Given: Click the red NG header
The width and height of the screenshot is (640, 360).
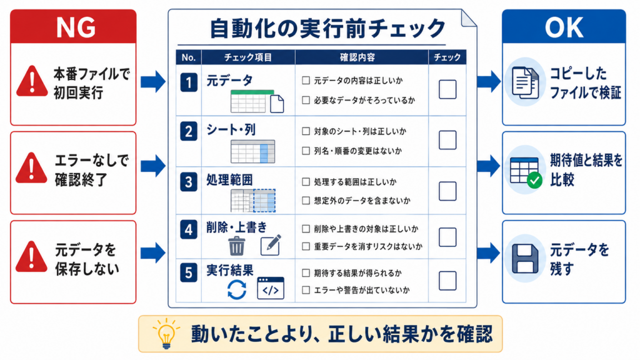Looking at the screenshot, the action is pos(74,26).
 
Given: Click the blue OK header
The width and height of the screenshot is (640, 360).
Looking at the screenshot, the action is pos(564,26).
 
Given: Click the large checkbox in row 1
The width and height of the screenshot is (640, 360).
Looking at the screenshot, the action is pos(447,89).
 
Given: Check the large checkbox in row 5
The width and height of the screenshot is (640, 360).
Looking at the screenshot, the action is pos(447,281).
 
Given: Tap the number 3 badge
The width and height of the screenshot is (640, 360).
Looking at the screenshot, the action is pos(189,182).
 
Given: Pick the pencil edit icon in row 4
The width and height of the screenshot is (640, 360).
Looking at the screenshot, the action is pos(271,245).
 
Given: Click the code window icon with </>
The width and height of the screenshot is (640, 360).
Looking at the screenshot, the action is pos(271,288).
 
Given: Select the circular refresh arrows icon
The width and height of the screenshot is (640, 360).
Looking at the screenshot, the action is pos(237,289).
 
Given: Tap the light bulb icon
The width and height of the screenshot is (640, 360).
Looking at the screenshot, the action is pos(166,334).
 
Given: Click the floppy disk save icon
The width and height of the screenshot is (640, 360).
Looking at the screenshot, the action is pos(525,259).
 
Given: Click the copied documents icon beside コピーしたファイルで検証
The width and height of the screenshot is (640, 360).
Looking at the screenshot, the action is pos(525,82).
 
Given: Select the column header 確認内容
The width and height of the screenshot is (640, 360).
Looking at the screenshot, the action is pos(357,57).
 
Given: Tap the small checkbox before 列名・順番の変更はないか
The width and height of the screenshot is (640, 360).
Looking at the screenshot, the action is pos(306,151).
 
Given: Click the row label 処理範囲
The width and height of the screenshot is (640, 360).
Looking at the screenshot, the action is pos(229,179).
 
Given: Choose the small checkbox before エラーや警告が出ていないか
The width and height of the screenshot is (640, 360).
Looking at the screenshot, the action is pos(306,290).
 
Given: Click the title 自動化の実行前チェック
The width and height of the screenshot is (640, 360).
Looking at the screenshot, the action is pos(327,28).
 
